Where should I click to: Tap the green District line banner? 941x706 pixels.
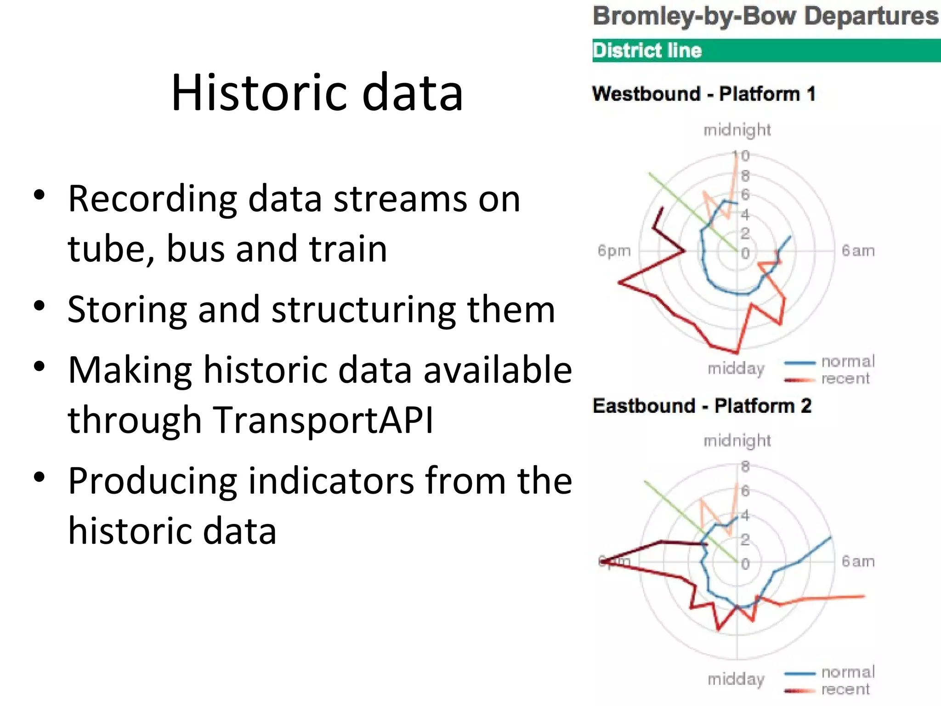tap(766, 51)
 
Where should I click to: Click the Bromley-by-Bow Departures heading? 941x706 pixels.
tap(765, 17)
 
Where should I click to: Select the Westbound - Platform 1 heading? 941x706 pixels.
tap(704, 94)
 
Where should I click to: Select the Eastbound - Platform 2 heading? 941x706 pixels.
tap(702, 406)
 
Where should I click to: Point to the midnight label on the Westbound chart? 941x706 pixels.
tap(737, 130)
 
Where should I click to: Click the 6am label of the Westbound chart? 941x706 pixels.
tap(858, 251)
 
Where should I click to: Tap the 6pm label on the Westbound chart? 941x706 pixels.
tap(614, 251)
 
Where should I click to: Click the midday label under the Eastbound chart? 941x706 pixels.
tap(736, 679)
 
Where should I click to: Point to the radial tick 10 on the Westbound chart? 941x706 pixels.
tap(741, 156)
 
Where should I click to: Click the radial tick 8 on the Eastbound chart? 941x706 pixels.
tap(745, 467)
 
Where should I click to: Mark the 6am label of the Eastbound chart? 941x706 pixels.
tap(858, 562)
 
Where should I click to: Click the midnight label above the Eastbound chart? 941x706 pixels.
tap(737, 441)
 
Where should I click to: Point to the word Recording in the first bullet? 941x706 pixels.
tap(153, 199)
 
